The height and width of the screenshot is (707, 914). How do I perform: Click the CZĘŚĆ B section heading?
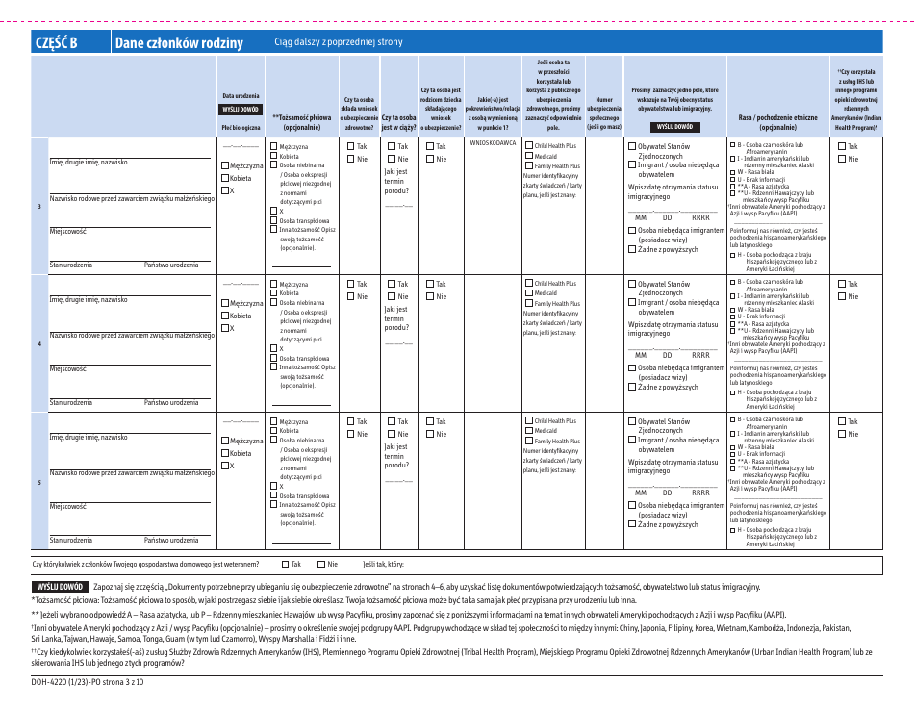[x=56, y=42]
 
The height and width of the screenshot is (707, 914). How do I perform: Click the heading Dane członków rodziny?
[x=178, y=42]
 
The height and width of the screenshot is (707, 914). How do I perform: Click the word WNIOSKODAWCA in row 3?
[x=494, y=142]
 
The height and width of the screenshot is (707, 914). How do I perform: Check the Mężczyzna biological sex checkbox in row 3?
[x=226, y=166]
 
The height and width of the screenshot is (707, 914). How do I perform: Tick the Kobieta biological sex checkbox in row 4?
[x=226, y=316]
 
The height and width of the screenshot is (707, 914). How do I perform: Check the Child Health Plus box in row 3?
[x=529, y=145]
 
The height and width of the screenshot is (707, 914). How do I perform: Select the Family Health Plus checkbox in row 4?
[x=529, y=303]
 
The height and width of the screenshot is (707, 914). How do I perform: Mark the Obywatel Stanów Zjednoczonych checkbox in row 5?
[x=632, y=421]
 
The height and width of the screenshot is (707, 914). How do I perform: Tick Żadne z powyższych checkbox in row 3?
[x=632, y=249]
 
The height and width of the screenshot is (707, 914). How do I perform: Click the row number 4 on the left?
[x=39, y=343]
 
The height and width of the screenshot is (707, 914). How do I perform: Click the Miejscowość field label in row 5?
[x=68, y=506]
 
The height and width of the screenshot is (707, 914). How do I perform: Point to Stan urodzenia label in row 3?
[x=71, y=265]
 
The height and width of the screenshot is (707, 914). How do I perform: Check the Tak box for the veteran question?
[x=286, y=565]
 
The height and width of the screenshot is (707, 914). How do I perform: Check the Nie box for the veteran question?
[x=321, y=565]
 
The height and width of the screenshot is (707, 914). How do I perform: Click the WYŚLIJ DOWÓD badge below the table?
[x=61, y=586]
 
